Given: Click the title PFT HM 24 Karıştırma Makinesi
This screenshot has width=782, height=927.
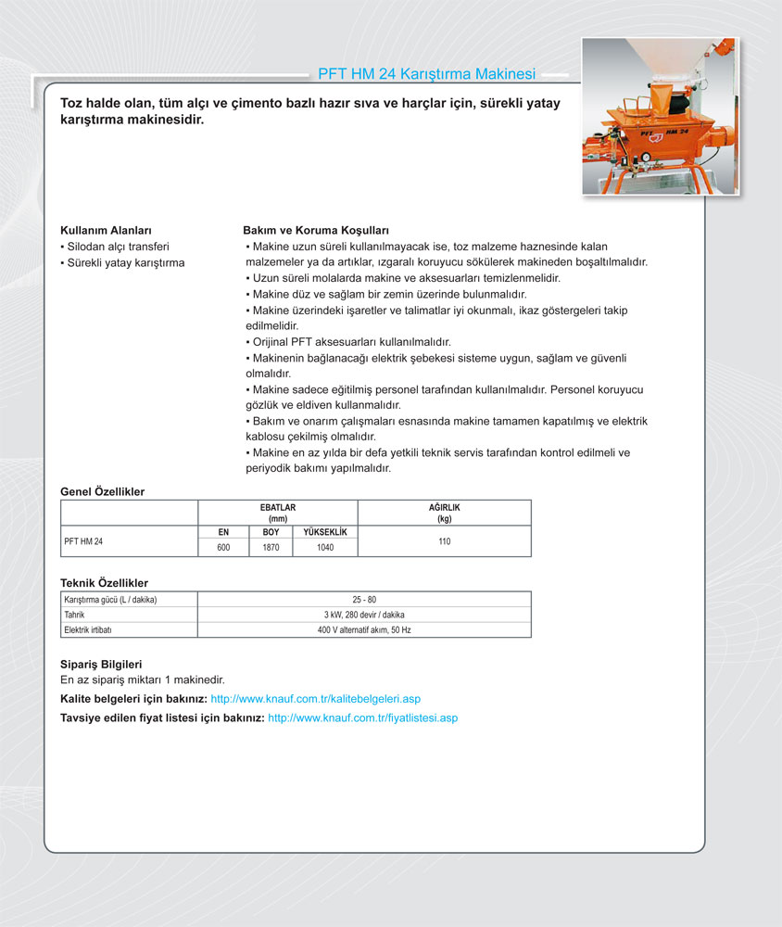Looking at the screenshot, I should coord(426,73).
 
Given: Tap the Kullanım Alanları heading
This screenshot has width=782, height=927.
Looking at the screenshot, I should coord(106,230).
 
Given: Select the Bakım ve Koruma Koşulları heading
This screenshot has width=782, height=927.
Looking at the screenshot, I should coord(315,230).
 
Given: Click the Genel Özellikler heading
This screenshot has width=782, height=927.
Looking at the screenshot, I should coord(102,491).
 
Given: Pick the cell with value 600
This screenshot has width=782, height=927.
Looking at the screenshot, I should coord(223,548).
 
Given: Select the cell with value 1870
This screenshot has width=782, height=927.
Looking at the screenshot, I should coord(271,548).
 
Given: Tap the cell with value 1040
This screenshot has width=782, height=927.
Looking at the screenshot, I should coord(324,548).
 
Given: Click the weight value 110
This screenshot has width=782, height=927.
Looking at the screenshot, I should coord(445,541).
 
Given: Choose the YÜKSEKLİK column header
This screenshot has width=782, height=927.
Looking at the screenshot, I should coord(324,532).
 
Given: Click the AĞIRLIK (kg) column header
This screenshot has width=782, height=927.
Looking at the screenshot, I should coord(445,514).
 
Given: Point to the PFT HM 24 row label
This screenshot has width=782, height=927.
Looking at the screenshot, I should coord(83,541).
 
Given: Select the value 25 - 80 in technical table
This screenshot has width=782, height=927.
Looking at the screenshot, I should coord(365,600).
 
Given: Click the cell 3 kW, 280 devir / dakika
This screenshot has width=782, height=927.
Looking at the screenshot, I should coord(365,615).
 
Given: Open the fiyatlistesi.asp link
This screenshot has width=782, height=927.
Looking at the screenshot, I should coord(362,717).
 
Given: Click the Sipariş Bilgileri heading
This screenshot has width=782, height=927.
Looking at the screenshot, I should coord(100,665).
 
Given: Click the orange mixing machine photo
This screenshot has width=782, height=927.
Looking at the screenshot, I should coord(660,115).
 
